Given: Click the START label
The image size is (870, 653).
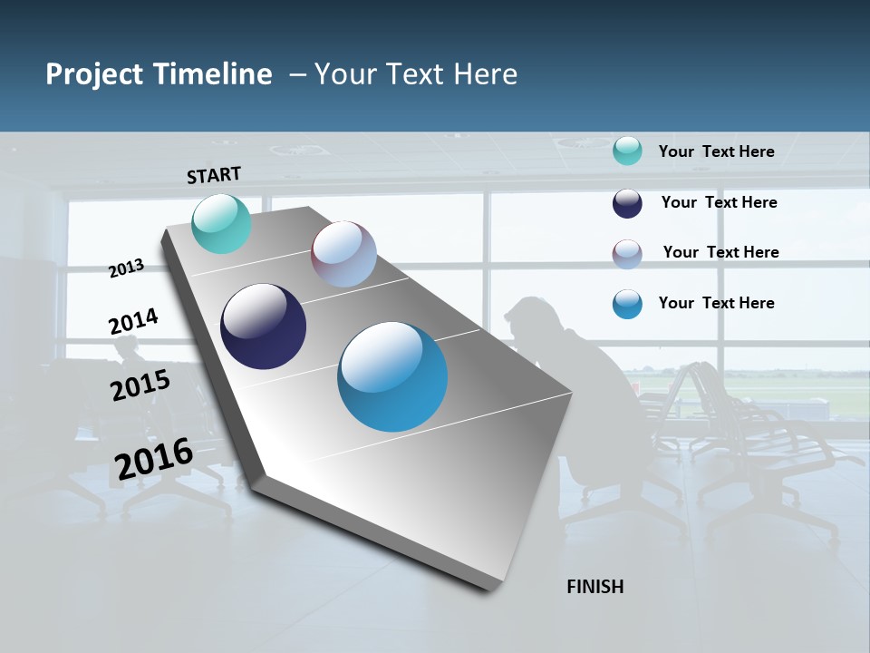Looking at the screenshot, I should point(214,174).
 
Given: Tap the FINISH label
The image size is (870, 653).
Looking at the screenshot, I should point(594,587).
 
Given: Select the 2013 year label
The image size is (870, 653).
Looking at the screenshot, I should point(126,268).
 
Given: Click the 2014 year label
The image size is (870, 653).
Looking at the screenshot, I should point(133,322).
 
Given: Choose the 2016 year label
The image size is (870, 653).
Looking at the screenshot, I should point(154,459).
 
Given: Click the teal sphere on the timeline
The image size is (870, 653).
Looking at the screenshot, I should point(221,223).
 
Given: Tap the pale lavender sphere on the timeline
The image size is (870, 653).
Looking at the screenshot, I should point(343,254).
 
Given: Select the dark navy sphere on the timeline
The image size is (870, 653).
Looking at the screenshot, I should point(263,326).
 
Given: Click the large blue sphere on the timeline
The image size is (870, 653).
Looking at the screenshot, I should point(392,376).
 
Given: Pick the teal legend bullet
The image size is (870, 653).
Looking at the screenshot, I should point(627,151).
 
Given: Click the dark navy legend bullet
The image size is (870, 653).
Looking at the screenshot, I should point(627,203).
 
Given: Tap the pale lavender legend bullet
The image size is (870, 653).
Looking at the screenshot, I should point(627,254).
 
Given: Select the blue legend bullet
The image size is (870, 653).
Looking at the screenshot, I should point(627,304).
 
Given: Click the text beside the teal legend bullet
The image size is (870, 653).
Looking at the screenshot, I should point(716,151).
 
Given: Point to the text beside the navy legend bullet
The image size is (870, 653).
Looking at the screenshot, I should point(719,202).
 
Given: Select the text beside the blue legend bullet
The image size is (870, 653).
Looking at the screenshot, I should point(716,303).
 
